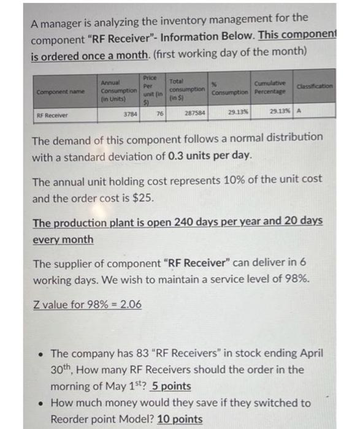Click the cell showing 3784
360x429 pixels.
130,113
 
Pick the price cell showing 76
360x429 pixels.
159,113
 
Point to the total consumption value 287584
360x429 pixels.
194,113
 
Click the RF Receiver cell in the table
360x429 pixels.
53,114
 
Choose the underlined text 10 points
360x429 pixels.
181,419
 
